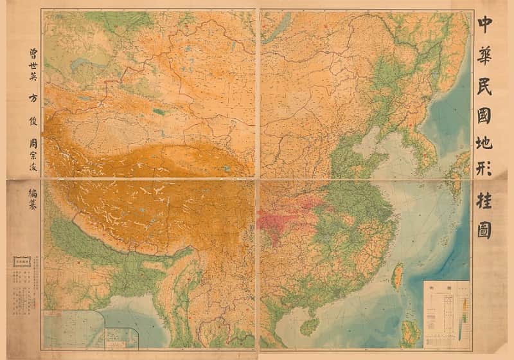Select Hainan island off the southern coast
(x=310, y=325)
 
